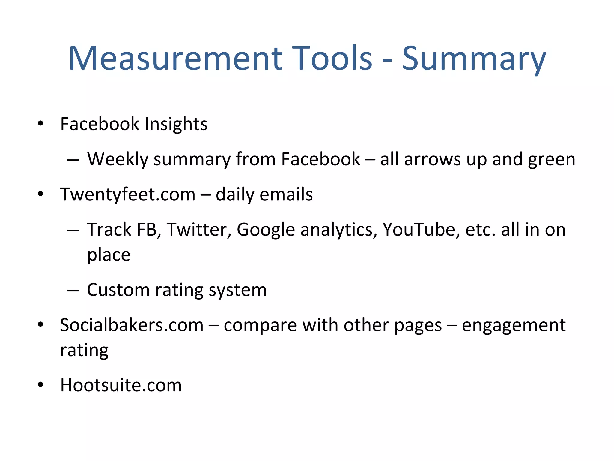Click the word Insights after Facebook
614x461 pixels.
(176, 124)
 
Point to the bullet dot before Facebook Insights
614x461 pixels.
(40, 123)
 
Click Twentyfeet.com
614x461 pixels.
(128, 194)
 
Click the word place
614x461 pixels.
(109, 255)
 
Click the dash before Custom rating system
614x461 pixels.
(73, 291)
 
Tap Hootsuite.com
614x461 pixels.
(121, 385)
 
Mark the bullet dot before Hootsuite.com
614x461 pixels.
(40, 385)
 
